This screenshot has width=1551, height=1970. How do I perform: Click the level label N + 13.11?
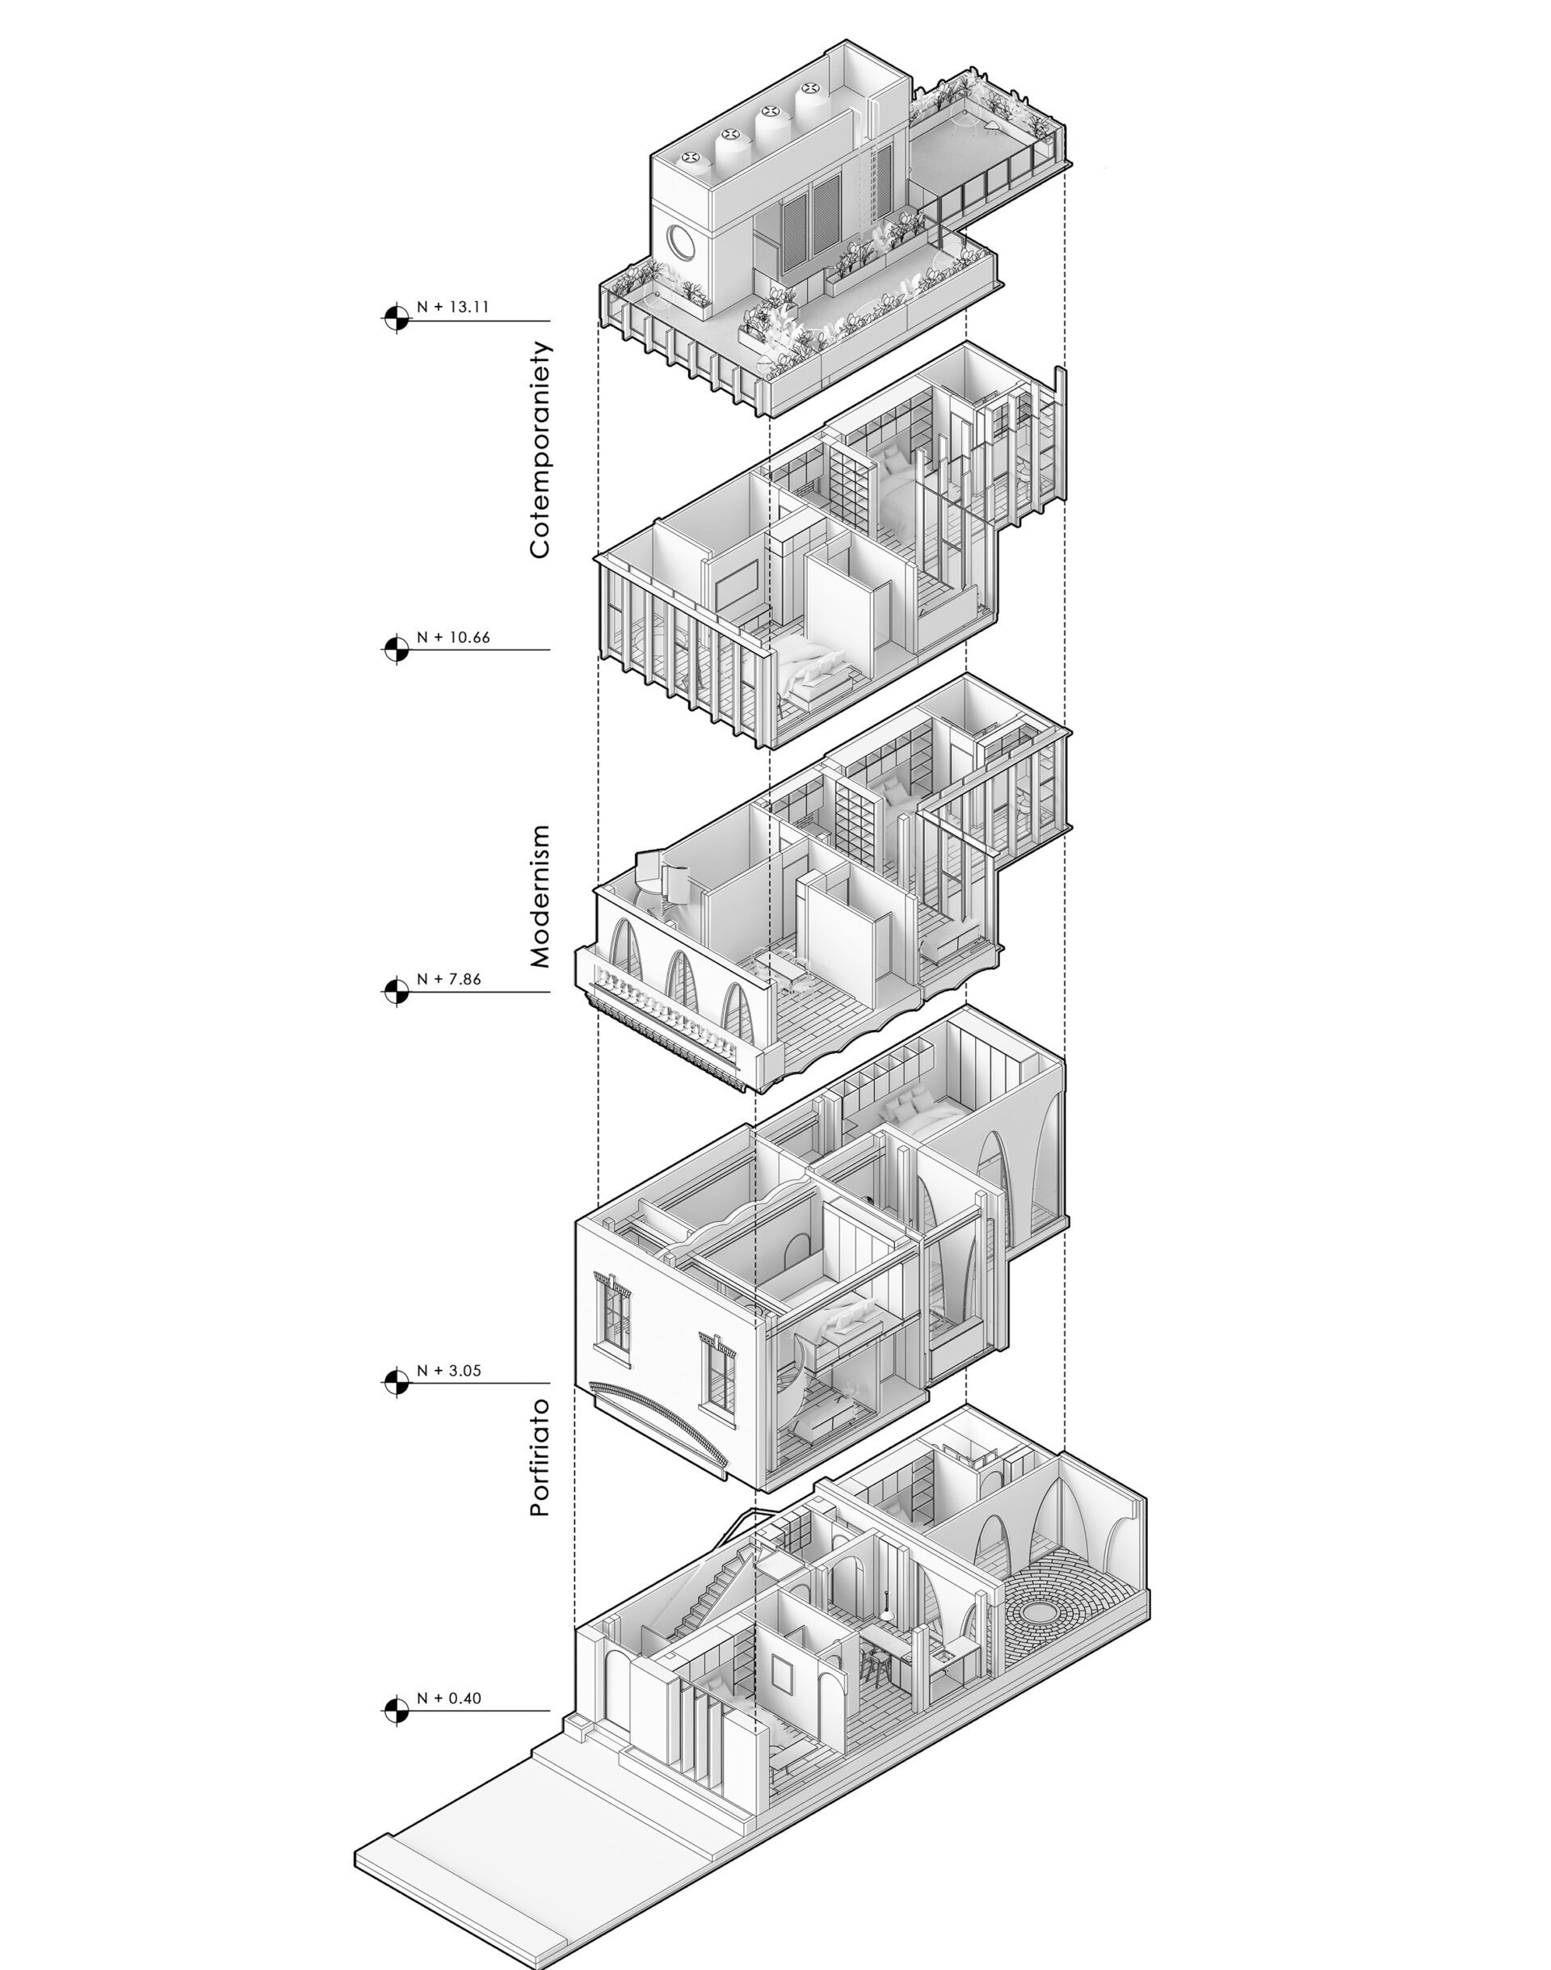tap(453, 307)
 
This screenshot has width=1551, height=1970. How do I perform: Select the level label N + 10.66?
tap(453, 637)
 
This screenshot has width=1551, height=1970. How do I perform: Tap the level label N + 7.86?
tap(448, 979)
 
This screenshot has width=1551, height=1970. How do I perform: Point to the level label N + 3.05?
tap(448, 1371)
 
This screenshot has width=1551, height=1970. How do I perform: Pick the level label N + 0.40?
tap(448, 1698)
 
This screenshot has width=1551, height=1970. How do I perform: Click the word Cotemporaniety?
tap(540, 449)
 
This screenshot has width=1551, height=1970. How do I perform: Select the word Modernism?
tap(540, 896)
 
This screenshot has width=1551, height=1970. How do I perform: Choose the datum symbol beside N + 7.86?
tap(395, 991)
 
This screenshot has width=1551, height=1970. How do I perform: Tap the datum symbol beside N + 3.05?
tap(395, 1383)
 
